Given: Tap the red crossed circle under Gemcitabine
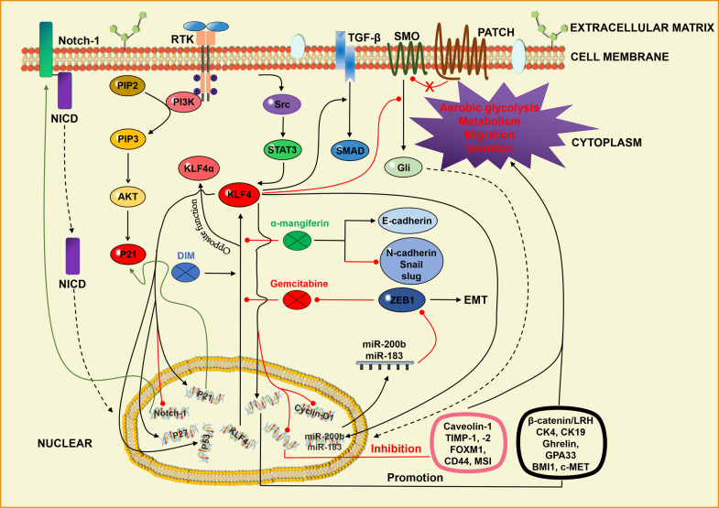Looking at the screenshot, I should tap(295, 298).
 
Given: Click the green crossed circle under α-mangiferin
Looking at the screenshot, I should tap(295, 240).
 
